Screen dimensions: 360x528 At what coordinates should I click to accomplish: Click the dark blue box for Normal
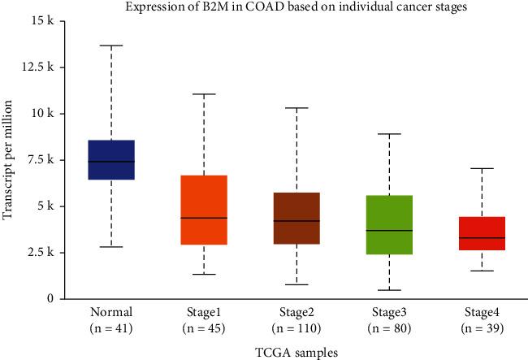coord(110,159)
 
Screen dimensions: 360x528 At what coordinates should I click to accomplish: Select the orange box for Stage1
coord(203,210)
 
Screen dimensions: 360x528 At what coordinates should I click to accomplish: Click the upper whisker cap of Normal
coord(110,46)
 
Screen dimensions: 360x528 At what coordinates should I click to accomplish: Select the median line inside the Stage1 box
coord(203,218)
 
